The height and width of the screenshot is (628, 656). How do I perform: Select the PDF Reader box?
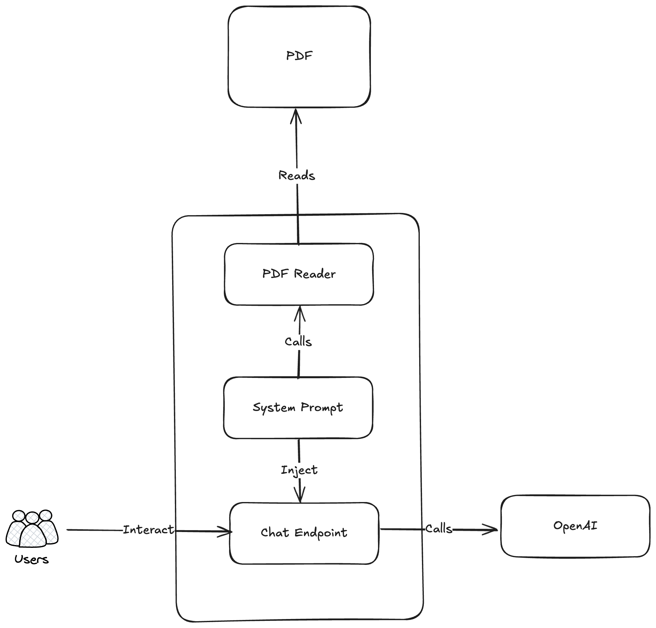pyautogui.click(x=299, y=274)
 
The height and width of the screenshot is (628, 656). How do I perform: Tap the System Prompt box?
pyautogui.click(x=298, y=408)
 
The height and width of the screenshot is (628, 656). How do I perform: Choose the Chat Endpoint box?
pyautogui.click(x=304, y=533)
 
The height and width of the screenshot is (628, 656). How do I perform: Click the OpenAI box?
pyautogui.click(x=575, y=526)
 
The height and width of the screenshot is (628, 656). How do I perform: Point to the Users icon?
pyautogui.click(x=32, y=528)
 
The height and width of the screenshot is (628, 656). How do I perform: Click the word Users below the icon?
pyautogui.click(x=32, y=559)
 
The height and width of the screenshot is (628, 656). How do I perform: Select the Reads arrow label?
pyautogui.click(x=297, y=175)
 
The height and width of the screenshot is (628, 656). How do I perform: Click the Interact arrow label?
pyautogui.click(x=149, y=530)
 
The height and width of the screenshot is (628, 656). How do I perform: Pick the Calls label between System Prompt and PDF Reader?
pyautogui.click(x=298, y=342)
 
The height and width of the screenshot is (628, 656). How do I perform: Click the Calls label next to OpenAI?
pyautogui.click(x=439, y=529)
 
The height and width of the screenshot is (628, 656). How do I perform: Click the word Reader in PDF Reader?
pyautogui.click(x=315, y=274)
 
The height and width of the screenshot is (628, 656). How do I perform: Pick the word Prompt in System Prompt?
pyautogui.click(x=322, y=408)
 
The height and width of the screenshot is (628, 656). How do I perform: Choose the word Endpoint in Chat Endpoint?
pyautogui.click(x=321, y=533)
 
